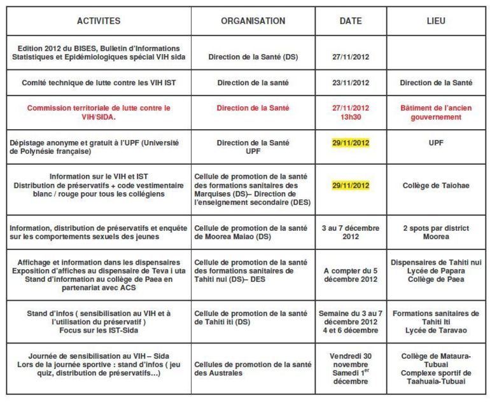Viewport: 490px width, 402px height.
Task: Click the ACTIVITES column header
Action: (99, 21)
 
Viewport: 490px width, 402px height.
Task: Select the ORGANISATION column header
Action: (253, 21)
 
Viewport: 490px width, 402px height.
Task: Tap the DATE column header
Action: (350, 21)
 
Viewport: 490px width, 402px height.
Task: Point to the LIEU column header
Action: (436, 21)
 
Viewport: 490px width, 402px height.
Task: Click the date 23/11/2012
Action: (350, 83)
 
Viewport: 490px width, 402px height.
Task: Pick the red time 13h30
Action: (350, 117)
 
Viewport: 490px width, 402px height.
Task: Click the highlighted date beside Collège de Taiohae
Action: (350, 185)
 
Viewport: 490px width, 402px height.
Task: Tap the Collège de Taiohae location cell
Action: (436, 185)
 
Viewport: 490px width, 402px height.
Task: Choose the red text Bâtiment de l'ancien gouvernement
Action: (436, 113)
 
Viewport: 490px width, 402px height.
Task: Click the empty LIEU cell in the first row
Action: (436, 57)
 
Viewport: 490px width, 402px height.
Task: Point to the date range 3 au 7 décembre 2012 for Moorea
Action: (350, 232)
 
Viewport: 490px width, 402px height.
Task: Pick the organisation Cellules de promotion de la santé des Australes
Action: (253, 368)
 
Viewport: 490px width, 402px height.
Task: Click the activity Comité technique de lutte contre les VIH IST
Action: (99, 83)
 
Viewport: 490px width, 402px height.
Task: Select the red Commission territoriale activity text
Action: (99, 113)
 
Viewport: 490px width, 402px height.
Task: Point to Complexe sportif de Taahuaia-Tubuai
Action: (436, 377)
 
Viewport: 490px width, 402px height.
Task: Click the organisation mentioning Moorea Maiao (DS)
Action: (253, 232)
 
